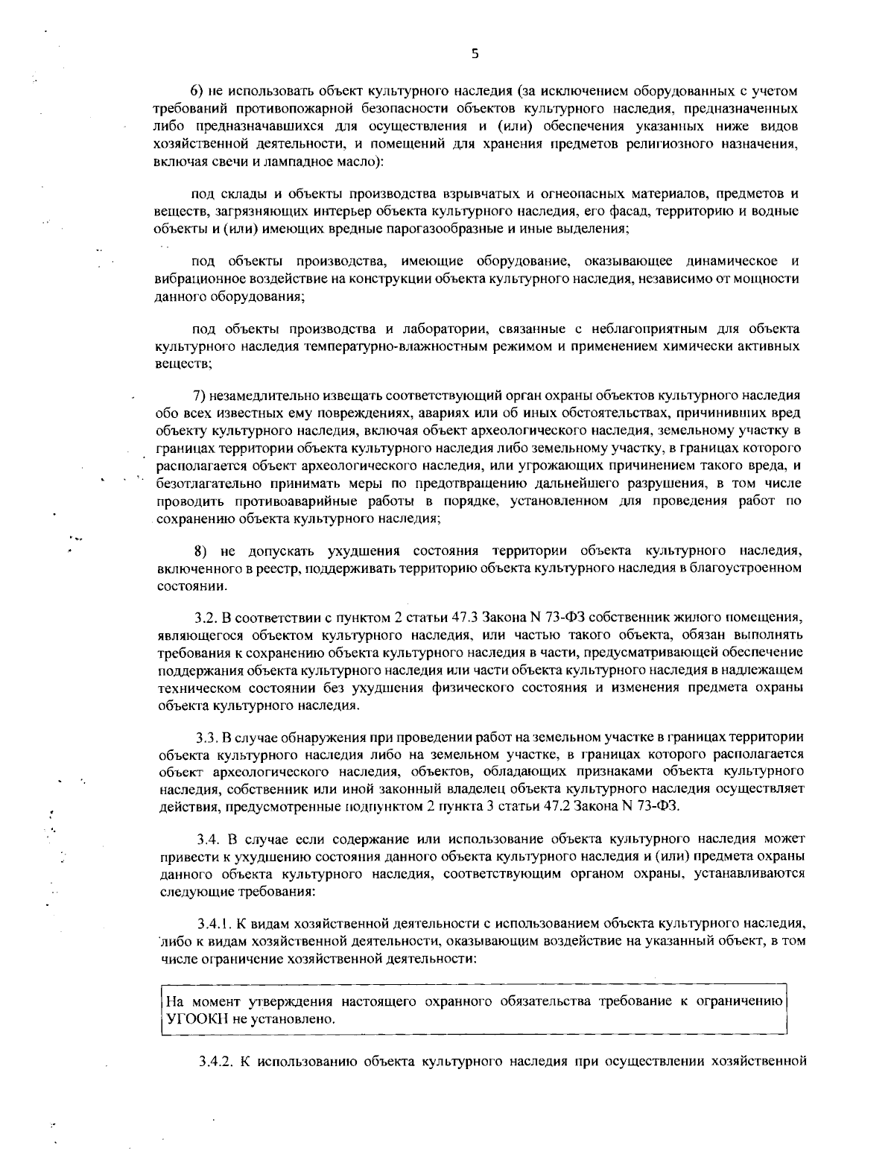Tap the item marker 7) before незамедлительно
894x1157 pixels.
200,394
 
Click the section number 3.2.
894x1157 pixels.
204,618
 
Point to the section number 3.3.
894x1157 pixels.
206,738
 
